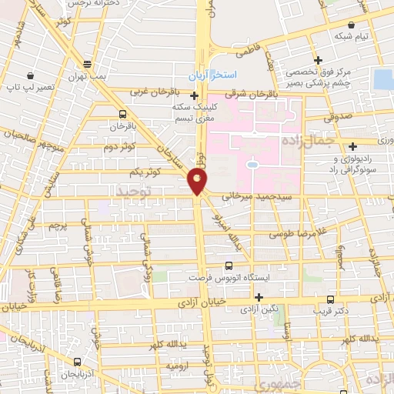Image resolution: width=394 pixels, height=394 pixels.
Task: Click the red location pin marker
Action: pos(197,180)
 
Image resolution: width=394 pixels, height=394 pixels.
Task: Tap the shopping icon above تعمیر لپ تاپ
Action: pos(29,76)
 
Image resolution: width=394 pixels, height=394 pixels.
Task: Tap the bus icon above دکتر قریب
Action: pos(331,299)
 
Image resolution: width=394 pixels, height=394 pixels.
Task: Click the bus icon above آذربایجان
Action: pos(77,361)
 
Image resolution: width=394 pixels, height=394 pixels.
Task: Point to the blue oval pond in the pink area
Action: pos(252,164)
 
